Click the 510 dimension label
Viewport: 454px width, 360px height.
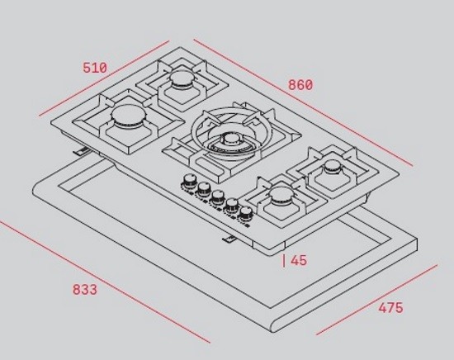95,68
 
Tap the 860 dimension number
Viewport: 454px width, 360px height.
300,85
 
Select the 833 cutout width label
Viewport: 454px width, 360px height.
85,290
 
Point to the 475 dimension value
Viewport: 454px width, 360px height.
391,308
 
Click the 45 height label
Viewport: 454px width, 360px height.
299,260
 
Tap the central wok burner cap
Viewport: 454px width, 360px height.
231,140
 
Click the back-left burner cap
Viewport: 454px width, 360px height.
182,78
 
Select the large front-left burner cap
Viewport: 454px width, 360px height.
129,116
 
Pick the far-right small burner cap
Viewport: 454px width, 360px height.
333,166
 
